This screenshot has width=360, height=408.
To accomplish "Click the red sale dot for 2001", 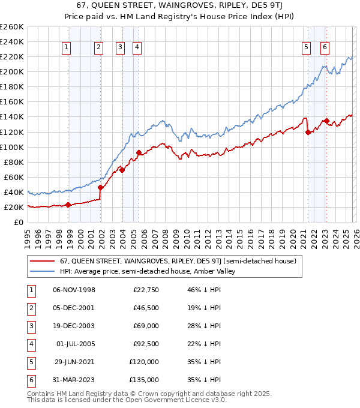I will tap(100, 187).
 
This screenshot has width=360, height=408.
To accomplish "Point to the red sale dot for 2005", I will tap(139, 152).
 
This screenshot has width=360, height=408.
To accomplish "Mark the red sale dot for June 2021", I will tap(308, 132).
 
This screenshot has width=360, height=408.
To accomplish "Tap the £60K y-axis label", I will tap(13, 177).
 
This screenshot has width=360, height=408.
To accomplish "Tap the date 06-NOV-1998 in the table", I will tap(74, 290).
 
